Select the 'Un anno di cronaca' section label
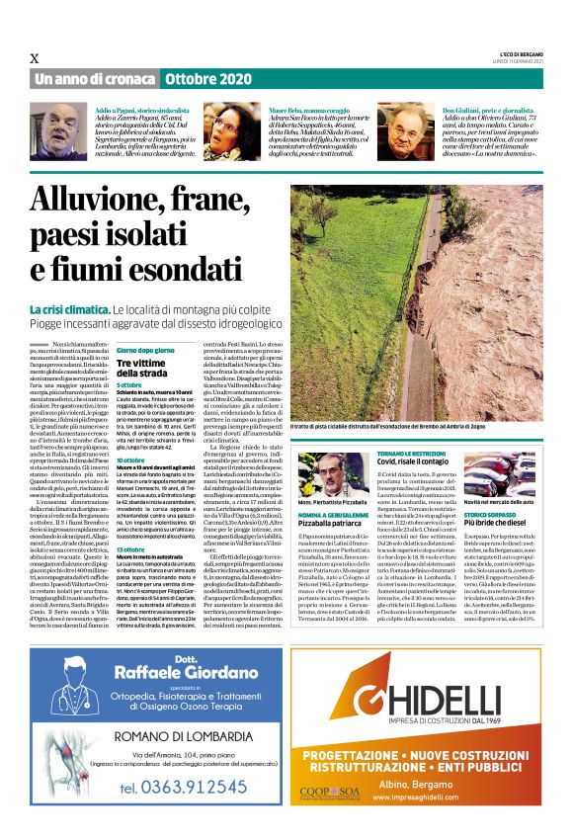[95, 78]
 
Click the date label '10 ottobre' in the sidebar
[131, 461]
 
